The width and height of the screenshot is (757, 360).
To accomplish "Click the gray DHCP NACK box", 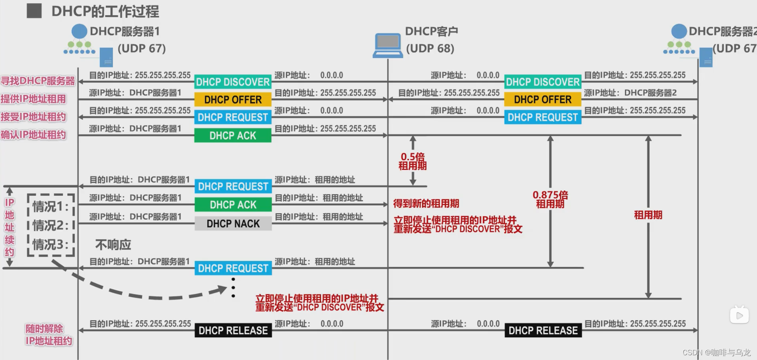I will click(x=233, y=224).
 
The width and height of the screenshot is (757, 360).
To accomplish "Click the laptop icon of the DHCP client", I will click(x=387, y=45).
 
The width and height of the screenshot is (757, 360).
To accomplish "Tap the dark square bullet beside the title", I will click(x=34, y=11).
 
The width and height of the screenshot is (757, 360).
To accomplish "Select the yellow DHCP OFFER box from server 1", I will click(x=233, y=99).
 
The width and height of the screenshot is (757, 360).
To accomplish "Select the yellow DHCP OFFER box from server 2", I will click(x=543, y=99).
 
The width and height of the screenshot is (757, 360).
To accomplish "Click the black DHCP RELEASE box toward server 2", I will click(x=543, y=330).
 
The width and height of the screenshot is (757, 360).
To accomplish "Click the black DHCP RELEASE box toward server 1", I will click(x=233, y=330).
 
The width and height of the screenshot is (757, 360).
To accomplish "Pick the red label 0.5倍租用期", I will click(x=413, y=161).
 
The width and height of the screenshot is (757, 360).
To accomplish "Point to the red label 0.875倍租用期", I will click(x=550, y=199).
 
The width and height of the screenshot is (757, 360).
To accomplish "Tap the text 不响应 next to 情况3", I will click(x=113, y=245).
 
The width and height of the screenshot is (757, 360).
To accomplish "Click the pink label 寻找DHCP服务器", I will click(x=38, y=81).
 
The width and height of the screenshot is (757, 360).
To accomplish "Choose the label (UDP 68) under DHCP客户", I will click(x=430, y=49).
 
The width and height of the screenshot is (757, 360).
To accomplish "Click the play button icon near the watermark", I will click(x=739, y=315).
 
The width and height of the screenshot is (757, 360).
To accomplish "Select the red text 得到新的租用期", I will click(x=426, y=204).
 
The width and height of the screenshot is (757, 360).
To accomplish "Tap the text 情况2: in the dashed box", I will click(x=51, y=226).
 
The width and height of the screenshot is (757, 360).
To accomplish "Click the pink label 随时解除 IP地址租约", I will click(x=49, y=335).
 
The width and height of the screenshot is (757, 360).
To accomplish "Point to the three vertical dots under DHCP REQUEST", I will click(x=233, y=288).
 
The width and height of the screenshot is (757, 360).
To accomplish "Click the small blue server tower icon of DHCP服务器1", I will click(x=106, y=57).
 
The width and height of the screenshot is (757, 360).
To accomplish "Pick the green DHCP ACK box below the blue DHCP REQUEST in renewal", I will click(x=233, y=205).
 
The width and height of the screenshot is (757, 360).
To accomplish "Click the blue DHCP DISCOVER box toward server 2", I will click(x=543, y=82).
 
